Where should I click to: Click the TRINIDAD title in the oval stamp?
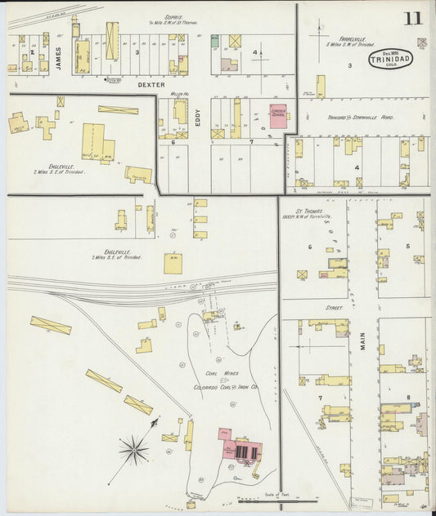point(391,60)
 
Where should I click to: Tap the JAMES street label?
point(59,57)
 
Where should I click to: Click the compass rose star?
point(133,448)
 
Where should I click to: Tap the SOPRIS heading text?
point(173,16)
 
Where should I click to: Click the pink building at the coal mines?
point(239,447)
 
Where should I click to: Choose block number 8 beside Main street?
point(407,397)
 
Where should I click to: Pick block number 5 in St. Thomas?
point(407,245)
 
